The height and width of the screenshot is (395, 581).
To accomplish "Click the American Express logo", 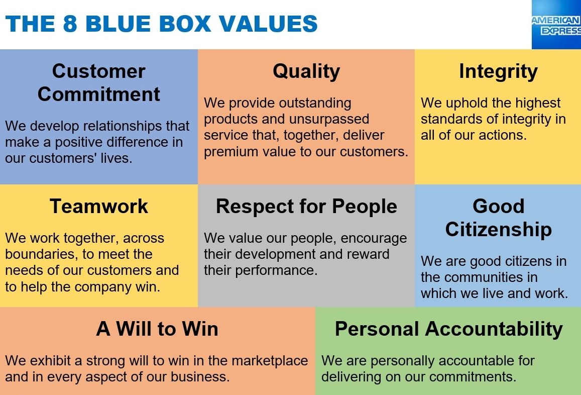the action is [x=556, y=25].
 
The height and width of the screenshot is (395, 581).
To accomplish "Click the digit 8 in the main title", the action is [x=70, y=24].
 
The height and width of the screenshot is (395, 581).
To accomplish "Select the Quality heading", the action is [x=306, y=71].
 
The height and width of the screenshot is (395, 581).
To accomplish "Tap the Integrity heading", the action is [x=498, y=71].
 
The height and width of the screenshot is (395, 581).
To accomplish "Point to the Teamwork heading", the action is [x=99, y=206].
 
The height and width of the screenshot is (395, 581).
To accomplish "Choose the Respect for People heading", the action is [x=306, y=206].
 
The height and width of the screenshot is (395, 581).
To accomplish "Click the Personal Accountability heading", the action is [x=449, y=329].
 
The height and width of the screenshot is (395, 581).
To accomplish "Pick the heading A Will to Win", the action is [x=158, y=329].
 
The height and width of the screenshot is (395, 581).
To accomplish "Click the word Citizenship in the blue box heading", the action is [x=498, y=230].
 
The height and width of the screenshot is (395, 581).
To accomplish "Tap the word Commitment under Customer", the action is [x=99, y=94].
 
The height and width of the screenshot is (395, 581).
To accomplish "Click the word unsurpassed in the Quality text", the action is [x=329, y=119].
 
